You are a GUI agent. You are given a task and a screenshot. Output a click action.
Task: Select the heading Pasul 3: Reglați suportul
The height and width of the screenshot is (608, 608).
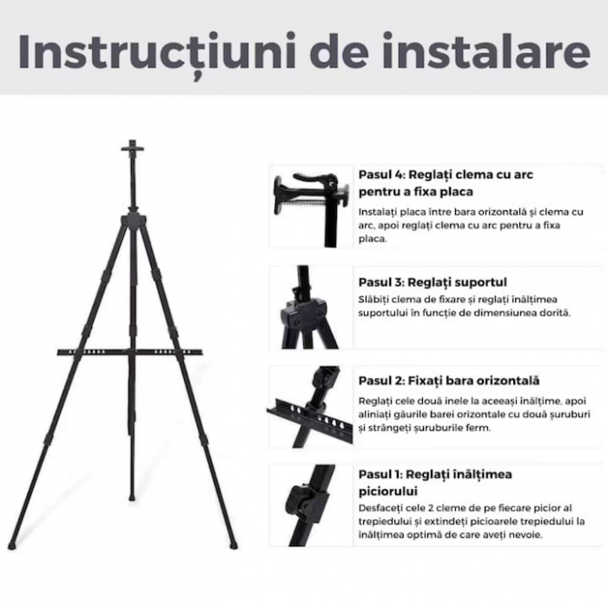(x=433, y=282)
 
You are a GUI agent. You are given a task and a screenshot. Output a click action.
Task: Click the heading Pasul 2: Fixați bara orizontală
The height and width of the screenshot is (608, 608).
(x=448, y=380)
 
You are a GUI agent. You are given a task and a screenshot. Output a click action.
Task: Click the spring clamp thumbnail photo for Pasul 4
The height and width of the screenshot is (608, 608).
(x=310, y=206)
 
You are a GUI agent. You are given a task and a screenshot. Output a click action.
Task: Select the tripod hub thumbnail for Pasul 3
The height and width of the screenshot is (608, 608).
(x=310, y=307)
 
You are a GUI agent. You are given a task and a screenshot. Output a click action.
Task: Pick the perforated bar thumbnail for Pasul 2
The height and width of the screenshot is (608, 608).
(x=310, y=406)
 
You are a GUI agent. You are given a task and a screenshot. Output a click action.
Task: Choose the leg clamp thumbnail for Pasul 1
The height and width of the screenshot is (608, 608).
(x=310, y=506)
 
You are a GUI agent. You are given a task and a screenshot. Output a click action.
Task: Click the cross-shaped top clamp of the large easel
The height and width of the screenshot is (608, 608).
(x=132, y=149)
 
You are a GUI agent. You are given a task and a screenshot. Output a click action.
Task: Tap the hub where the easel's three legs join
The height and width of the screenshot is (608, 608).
(x=132, y=217)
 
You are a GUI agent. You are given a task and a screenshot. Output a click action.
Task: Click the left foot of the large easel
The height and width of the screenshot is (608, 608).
(x=12, y=546)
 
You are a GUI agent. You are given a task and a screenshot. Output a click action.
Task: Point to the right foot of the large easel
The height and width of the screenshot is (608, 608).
(x=233, y=545)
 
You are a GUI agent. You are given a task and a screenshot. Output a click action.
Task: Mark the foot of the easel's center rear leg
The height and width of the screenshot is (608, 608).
(x=132, y=497)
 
